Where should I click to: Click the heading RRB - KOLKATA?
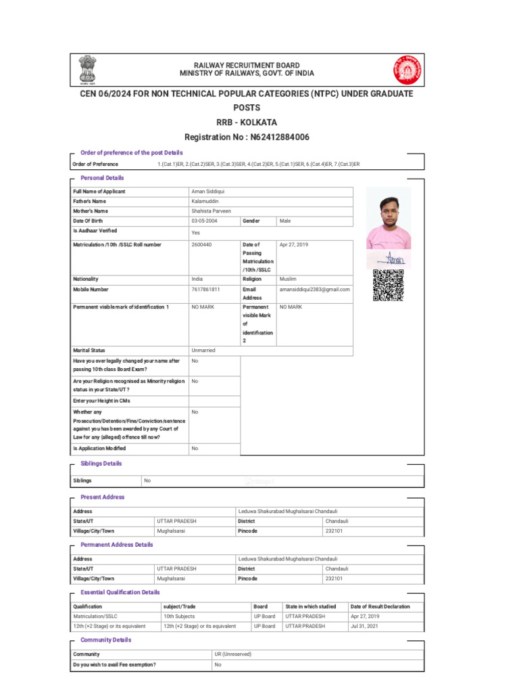[x=246, y=122]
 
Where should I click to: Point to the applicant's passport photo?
[x=389, y=218]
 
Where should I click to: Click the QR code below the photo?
[x=388, y=285]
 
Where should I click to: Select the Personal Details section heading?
[x=102, y=178]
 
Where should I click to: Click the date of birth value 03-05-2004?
[x=205, y=221]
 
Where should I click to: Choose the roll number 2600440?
[x=202, y=244]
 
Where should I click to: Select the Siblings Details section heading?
[x=101, y=464]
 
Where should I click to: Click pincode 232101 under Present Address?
[x=334, y=531]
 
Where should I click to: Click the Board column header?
[x=261, y=606]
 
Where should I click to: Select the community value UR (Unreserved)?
[x=233, y=654]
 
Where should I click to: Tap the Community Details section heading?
[x=105, y=640]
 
